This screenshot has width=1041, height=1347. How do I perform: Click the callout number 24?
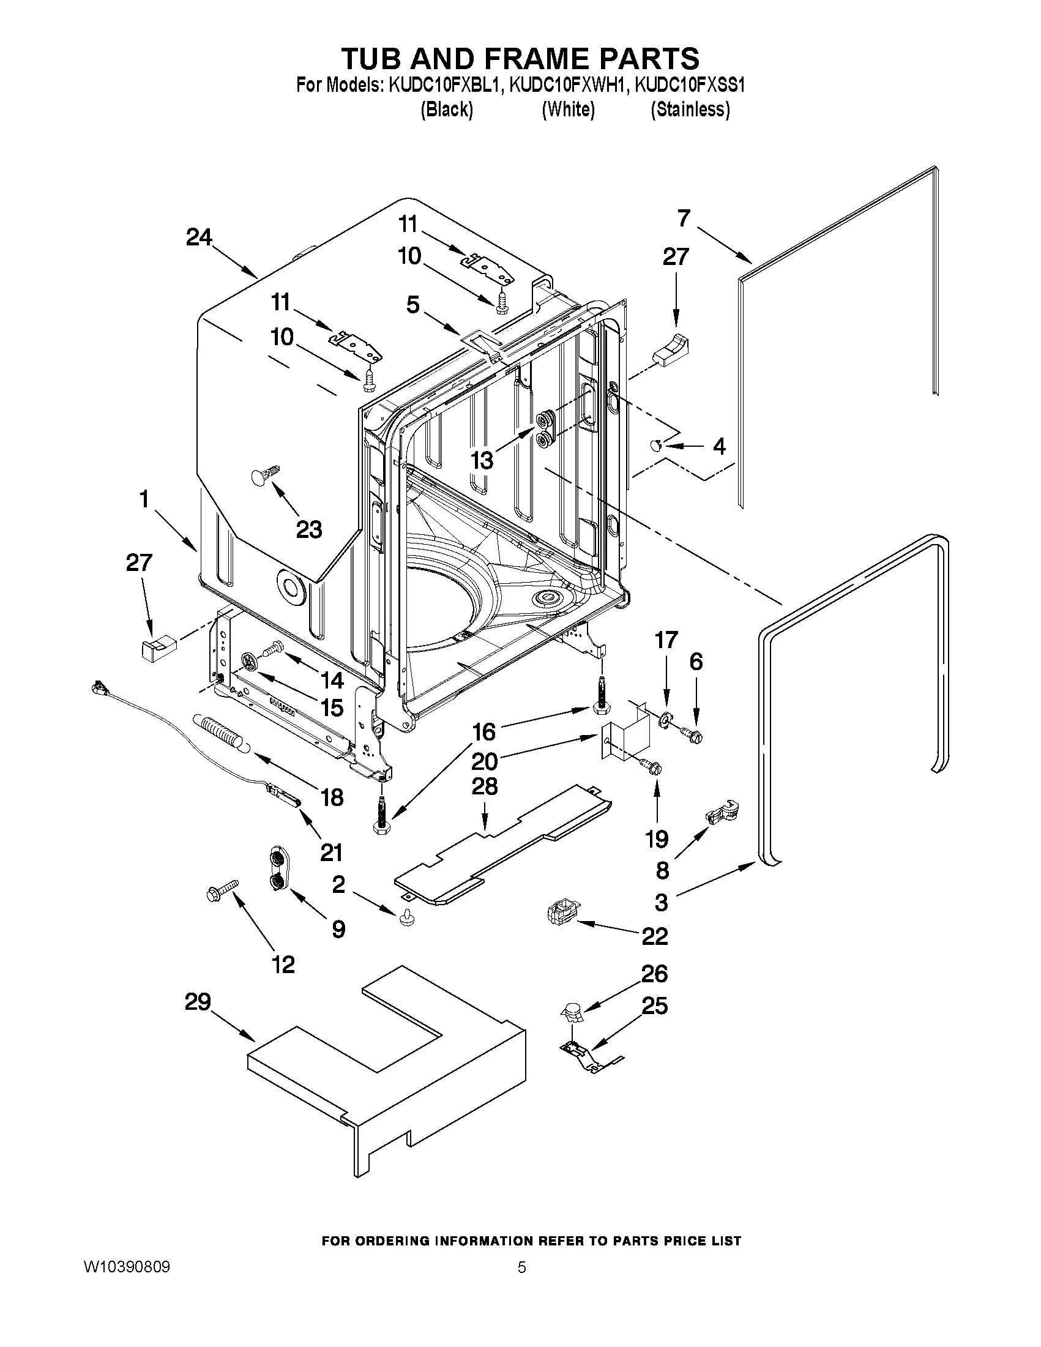coord(198,237)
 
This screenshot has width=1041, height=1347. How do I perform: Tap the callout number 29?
coord(197,1002)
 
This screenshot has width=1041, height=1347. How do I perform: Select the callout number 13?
coord(482,460)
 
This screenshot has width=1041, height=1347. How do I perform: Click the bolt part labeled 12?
coord(222,890)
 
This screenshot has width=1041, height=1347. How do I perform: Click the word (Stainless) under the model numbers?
coord(690,110)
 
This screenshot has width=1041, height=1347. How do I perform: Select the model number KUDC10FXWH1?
coord(568,84)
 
